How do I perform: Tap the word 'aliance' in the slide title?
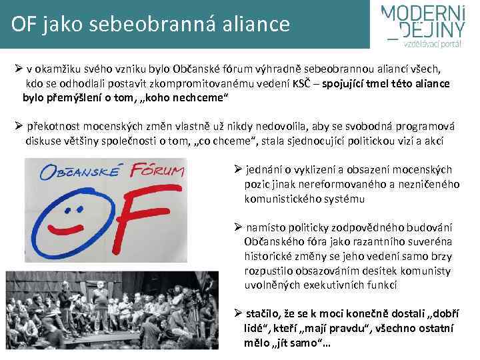coord(255,24)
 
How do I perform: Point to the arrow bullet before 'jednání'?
coord(237,169)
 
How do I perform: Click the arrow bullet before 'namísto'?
coord(237,227)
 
